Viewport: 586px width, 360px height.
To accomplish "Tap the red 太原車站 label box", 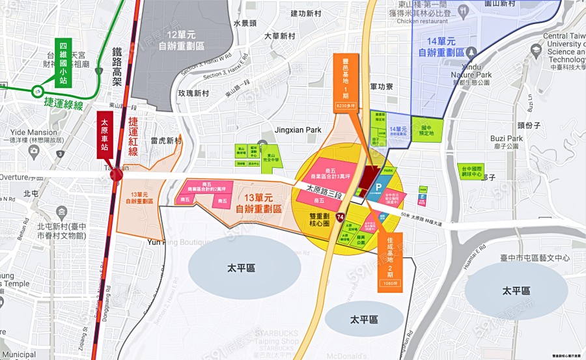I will point(104,135).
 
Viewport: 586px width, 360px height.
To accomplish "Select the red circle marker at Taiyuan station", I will point(117,174).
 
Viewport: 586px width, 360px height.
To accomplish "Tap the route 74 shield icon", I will point(341,216).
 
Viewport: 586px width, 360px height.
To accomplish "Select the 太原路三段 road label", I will point(328,189).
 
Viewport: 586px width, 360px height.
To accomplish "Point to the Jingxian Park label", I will point(298,130).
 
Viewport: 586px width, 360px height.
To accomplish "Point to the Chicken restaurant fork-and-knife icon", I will point(463,10).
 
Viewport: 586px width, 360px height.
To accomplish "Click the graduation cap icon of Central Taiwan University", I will point(536,50).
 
